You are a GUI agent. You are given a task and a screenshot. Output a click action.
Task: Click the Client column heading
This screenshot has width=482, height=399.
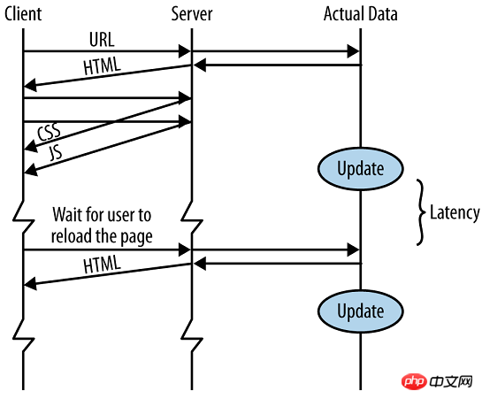tap(23, 14)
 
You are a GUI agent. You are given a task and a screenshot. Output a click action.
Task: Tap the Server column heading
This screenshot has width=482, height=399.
tap(192, 14)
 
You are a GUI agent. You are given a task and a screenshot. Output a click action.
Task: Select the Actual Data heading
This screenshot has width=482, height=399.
tap(361, 14)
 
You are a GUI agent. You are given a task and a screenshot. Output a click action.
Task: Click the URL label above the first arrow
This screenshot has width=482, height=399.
tap(102, 39)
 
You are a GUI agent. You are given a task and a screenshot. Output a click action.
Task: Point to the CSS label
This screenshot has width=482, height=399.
tap(49, 132)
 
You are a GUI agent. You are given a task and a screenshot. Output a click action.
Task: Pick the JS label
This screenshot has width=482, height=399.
tap(56, 153)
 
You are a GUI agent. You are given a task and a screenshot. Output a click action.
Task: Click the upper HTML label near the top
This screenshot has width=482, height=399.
tap(102, 66)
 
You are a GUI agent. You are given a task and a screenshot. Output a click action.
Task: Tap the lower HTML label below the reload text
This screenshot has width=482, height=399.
tap(102, 265)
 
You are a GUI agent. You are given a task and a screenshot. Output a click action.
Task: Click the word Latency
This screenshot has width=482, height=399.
tap(455, 212)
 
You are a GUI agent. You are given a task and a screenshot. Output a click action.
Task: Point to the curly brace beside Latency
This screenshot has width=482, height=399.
tap(421, 212)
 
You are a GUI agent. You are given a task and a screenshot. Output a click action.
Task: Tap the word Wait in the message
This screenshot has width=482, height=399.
tap(66, 214)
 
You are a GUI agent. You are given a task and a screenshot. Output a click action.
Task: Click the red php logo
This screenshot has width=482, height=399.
tap(414, 382)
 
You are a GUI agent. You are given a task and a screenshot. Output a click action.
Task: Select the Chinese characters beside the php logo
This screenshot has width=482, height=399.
tap(451, 382)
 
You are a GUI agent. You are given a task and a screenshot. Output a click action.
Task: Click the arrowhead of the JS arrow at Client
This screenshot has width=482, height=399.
tap(30, 170)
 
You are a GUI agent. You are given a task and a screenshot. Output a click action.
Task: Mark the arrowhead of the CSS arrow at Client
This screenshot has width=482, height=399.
tap(30, 146)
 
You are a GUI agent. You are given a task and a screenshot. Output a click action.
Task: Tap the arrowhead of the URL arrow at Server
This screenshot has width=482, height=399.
tap(185, 51)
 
